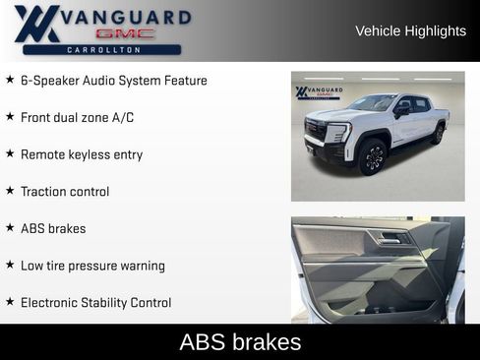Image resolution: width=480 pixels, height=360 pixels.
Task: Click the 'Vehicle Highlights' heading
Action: pos(410,30)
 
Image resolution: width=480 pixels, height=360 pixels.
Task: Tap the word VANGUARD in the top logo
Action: pos(126,17)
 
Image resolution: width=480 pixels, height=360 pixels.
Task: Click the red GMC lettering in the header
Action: pos(125,33)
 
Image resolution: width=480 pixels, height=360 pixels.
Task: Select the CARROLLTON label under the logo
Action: pos(102,49)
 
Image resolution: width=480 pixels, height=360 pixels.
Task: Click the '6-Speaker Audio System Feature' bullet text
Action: pos(113,80)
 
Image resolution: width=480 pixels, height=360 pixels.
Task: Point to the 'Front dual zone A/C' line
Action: pos(77,117)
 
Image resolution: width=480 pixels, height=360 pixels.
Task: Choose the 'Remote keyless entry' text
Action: pos(81,154)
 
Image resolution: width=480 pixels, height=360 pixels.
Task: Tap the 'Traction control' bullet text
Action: pos(65,192)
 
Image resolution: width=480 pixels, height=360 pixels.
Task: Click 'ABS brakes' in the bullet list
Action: pos(53,228)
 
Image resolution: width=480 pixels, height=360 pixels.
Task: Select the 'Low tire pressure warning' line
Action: pos(92,266)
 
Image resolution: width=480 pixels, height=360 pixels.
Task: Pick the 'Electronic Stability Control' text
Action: pos(95,303)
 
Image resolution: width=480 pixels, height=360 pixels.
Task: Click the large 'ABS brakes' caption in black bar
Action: pos(240,342)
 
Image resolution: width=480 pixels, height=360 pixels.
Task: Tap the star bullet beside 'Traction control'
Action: pos(10,191)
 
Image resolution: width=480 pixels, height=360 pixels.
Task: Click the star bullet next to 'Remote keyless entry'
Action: pos(10,153)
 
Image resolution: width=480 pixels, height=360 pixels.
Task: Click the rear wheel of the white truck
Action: pos(437,134)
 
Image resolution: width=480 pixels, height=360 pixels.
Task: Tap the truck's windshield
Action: pos(373,103)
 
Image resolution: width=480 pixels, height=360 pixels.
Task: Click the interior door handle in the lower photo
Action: pos(390,238)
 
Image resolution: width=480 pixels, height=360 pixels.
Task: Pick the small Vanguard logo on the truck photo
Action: pos(319,91)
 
